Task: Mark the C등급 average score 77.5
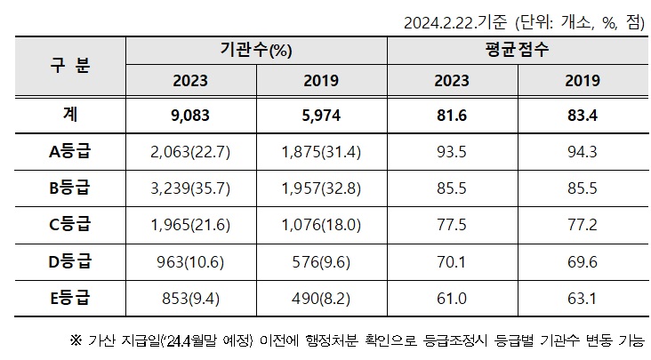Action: [x=452, y=226]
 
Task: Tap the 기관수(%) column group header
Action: [x=257, y=51]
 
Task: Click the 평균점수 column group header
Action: [x=517, y=51]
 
